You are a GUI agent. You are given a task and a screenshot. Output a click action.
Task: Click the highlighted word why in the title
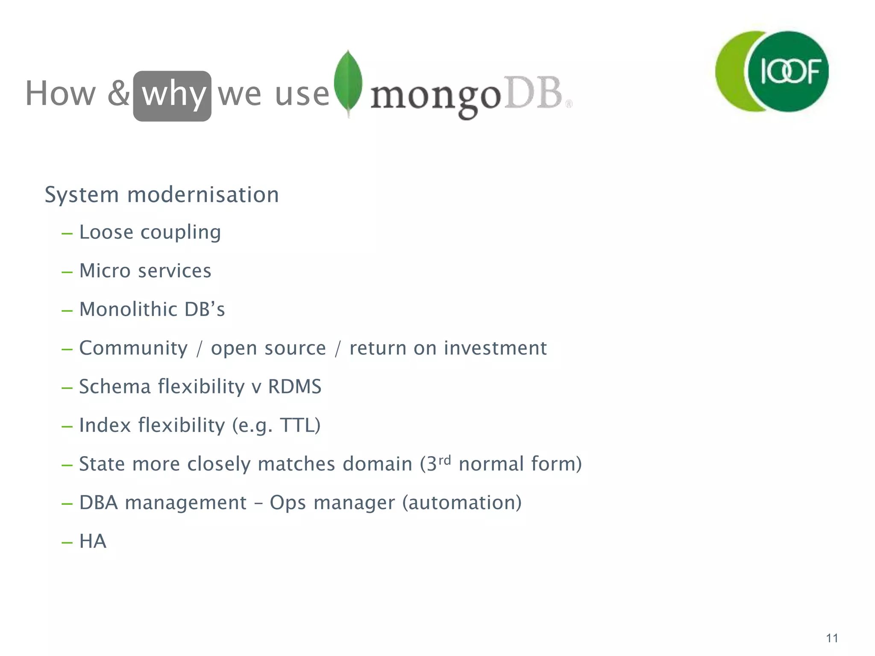[x=173, y=95]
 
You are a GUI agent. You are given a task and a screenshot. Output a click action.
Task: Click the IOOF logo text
[x=790, y=71]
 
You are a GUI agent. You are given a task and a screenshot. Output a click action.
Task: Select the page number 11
[x=832, y=638]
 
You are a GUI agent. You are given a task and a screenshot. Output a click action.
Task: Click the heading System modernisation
[x=162, y=195]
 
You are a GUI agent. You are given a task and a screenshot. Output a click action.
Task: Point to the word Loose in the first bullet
[x=106, y=232]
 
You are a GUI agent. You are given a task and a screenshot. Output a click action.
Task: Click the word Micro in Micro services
[x=105, y=271]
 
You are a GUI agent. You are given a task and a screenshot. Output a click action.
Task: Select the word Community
[x=133, y=348]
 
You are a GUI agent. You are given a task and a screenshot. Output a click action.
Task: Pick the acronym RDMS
[x=294, y=387]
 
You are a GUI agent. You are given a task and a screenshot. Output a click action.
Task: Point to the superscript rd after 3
[x=445, y=460]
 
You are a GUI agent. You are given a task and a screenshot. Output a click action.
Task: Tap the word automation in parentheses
[x=462, y=503]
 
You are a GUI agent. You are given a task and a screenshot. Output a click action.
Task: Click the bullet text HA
[x=93, y=541]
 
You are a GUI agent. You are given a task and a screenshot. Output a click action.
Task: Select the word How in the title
[x=61, y=94]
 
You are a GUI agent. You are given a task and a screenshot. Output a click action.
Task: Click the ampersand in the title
[x=118, y=94]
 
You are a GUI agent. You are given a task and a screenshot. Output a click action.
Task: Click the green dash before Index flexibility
[x=67, y=426]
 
